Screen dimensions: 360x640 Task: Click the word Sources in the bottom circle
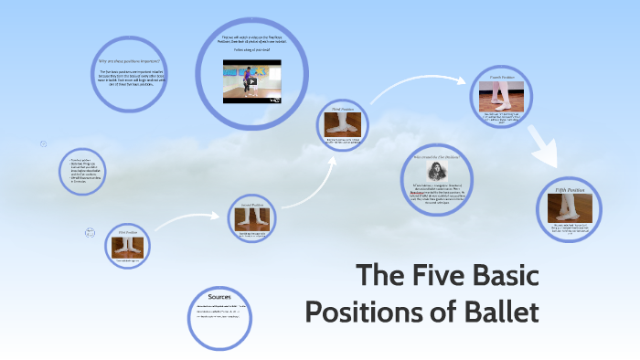click(219, 297)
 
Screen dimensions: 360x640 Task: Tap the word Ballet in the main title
click(497, 312)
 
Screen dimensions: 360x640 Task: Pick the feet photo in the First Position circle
click(126, 247)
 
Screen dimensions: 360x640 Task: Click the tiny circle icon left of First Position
click(90, 232)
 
